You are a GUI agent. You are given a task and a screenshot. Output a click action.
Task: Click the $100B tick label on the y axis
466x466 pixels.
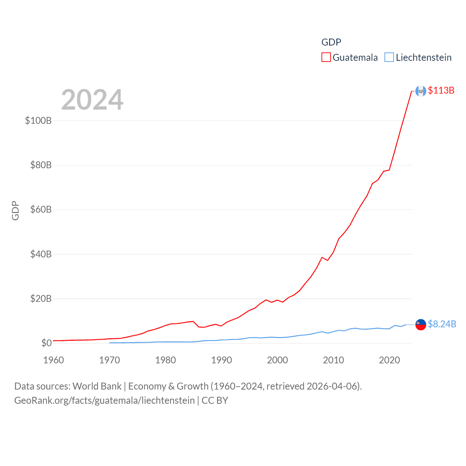click(x=38, y=121)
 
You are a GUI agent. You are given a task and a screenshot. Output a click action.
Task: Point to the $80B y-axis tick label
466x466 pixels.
click(x=41, y=165)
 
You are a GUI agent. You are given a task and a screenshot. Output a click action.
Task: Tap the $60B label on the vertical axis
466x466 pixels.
click(x=41, y=210)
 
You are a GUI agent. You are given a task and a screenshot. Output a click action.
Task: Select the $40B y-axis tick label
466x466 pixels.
click(x=41, y=254)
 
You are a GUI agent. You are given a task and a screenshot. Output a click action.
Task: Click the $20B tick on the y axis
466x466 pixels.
click(x=41, y=299)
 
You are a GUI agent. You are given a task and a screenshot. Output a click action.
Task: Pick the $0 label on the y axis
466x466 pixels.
click(x=46, y=343)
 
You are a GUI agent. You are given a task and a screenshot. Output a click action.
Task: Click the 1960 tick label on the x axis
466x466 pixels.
click(x=54, y=360)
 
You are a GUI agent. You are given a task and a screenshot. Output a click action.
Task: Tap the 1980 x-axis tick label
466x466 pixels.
click(x=166, y=360)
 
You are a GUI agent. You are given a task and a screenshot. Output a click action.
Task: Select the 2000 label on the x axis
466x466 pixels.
click(x=277, y=360)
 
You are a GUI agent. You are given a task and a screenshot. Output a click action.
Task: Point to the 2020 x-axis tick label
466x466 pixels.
click(x=390, y=360)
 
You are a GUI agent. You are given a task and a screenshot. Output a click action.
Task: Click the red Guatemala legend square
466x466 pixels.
click(x=326, y=58)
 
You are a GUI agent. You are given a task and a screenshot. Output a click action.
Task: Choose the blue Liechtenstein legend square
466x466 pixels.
click(x=389, y=58)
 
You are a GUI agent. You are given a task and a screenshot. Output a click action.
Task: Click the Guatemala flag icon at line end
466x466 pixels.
click(x=421, y=91)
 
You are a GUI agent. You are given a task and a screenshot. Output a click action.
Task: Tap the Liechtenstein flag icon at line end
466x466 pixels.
click(x=421, y=324)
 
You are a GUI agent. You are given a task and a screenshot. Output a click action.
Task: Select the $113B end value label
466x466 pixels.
click(x=441, y=90)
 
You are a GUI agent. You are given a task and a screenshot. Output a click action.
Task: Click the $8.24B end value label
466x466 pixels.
click(x=442, y=324)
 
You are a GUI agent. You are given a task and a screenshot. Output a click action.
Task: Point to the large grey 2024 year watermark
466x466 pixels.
click(x=92, y=100)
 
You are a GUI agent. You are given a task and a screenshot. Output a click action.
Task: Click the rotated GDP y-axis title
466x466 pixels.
click(x=15, y=210)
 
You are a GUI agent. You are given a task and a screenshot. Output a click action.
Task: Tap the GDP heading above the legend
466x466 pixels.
click(x=331, y=42)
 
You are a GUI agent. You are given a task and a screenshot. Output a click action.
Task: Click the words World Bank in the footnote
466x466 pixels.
click(x=97, y=386)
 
